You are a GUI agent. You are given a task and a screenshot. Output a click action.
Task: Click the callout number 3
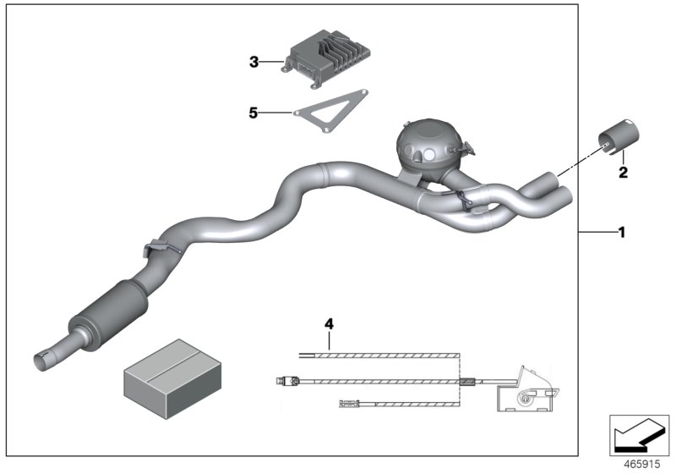tap(253, 62)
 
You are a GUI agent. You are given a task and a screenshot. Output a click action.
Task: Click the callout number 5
tap(253, 112)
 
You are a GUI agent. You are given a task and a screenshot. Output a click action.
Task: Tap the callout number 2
tap(623, 173)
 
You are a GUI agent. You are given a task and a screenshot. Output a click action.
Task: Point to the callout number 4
tap(330, 322)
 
